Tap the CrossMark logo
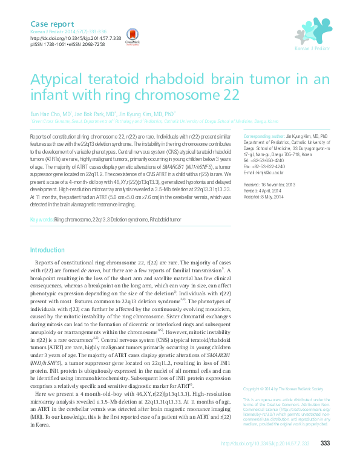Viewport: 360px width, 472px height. (x=131, y=36)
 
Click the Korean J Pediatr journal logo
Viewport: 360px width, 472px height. (x=312, y=33)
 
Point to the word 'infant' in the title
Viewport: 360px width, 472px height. (x=50, y=95)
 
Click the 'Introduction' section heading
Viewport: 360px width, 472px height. (x=47, y=250)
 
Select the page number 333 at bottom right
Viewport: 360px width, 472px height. (x=324, y=444)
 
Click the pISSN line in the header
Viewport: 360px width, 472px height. (x=67, y=44)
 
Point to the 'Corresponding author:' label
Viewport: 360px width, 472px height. (x=263, y=137)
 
